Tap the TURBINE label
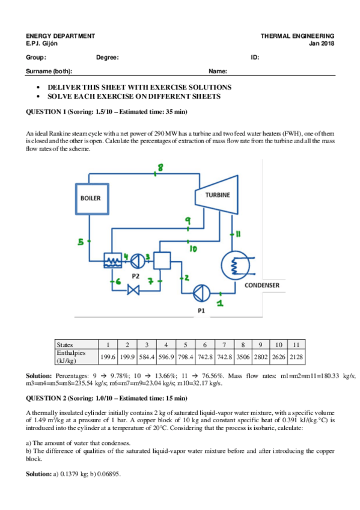point(218,195)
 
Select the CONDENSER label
point(262,285)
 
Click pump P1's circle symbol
point(202,293)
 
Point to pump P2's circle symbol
point(138,261)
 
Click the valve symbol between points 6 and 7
point(133,290)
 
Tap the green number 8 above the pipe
point(160,168)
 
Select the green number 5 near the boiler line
point(81,242)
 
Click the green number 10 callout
point(194,249)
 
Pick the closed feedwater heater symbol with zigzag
point(113,260)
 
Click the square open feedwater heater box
point(162,260)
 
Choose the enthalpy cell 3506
point(243,357)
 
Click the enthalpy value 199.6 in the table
point(108,357)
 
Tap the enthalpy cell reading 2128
point(296,357)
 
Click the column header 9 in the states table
point(261,345)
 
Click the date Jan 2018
point(322,43)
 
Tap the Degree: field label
point(108,58)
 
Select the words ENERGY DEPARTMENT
point(61,35)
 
